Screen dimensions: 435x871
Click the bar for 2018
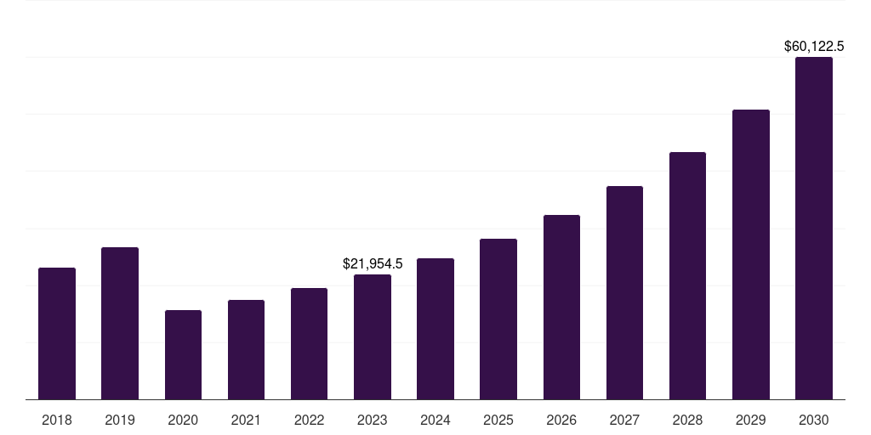pyautogui.click(x=57, y=334)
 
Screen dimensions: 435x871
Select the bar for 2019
pyautogui.click(x=120, y=324)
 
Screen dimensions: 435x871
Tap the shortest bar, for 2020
pyautogui.click(x=183, y=355)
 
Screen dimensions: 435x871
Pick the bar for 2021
pyautogui.click(x=246, y=350)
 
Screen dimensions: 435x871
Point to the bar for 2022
pyautogui.click(x=309, y=344)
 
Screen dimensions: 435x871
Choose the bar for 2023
pyautogui.click(x=373, y=337)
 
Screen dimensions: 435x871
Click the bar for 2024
pyautogui.click(x=435, y=329)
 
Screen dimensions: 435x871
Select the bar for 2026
pyautogui.click(x=561, y=308)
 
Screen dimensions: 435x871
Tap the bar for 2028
pyautogui.click(x=687, y=276)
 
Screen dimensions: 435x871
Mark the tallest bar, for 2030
pyautogui.click(x=814, y=229)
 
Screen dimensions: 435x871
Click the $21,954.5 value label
pyautogui.click(x=373, y=264)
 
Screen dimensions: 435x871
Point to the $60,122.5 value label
pyautogui.click(x=814, y=46)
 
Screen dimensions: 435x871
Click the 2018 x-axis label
pyautogui.click(x=57, y=420)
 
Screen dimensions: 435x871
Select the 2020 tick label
pyautogui.click(x=183, y=420)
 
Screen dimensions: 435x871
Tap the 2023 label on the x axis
pyautogui.click(x=373, y=420)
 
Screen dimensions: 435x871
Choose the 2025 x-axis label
pyautogui.click(x=498, y=420)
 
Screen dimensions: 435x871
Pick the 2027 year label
pyautogui.click(x=624, y=420)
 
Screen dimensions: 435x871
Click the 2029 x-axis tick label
pyautogui.click(x=751, y=420)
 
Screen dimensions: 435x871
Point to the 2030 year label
pyautogui.click(x=814, y=420)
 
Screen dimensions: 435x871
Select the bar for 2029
pyautogui.click(x=751, y=255)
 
